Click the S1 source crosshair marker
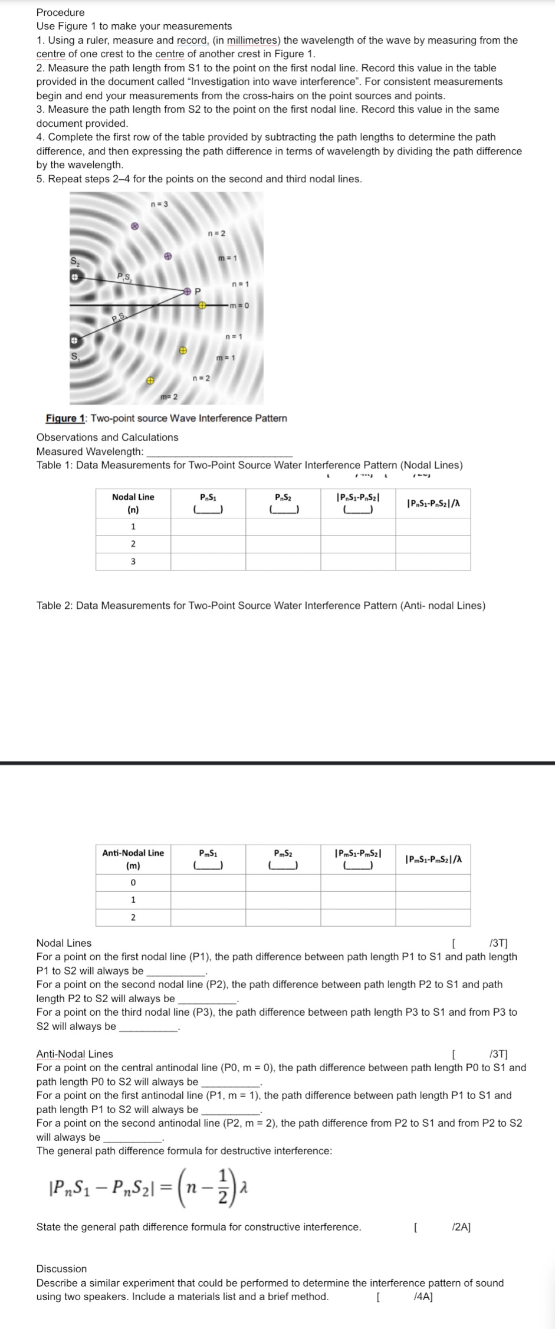[x=75, y=342]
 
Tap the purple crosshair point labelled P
[x=187, y=291]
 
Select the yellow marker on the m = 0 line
[x=202, y=306]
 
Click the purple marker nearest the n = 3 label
[x=134, y=226]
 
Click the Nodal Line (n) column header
[x=133, y=503]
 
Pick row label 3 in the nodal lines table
[x=133, y=562]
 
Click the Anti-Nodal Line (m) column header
[x=133, y=859]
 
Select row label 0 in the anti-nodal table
[x=133, y=882]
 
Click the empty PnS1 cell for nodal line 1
[x=208, y=526]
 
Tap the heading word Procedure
[x=61, y=12]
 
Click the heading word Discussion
[x=61, y=1269]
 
